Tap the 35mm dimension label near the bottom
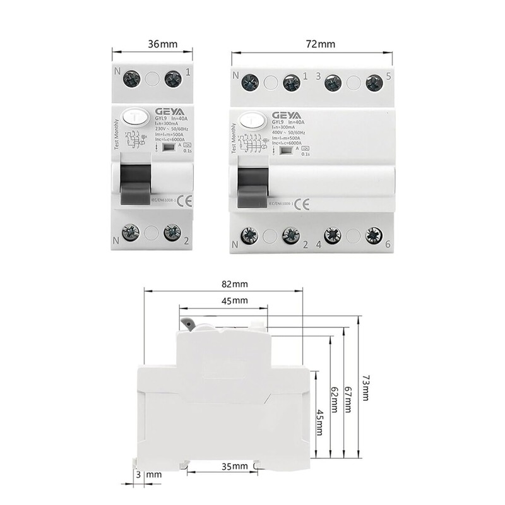(x=234, y=466)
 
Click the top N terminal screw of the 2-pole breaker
(x=133, y=80)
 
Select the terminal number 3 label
(x=318, y=76)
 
